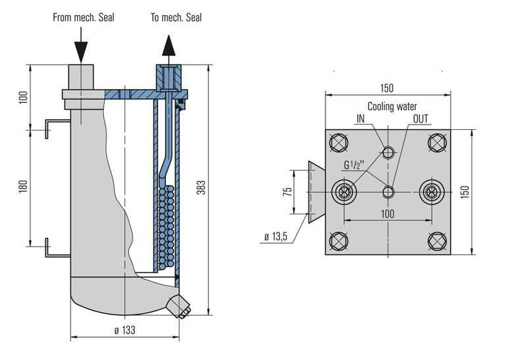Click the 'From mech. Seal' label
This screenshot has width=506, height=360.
point(84,18)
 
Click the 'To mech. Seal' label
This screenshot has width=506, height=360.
point(176,18)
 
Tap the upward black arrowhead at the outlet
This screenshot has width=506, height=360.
point(169,47)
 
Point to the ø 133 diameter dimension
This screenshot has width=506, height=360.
point(124,330)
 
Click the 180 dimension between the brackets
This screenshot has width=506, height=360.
point(24,188)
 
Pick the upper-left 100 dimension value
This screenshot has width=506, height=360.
point(24,98)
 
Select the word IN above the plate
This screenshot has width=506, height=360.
point(360,118)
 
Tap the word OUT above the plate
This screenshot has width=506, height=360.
point(420,118)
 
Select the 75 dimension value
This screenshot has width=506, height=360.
point(287,192)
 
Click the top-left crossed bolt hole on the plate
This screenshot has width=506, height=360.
point(341,142)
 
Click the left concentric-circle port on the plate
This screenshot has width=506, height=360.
point(343,191)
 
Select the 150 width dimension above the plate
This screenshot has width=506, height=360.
point(387,88)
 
